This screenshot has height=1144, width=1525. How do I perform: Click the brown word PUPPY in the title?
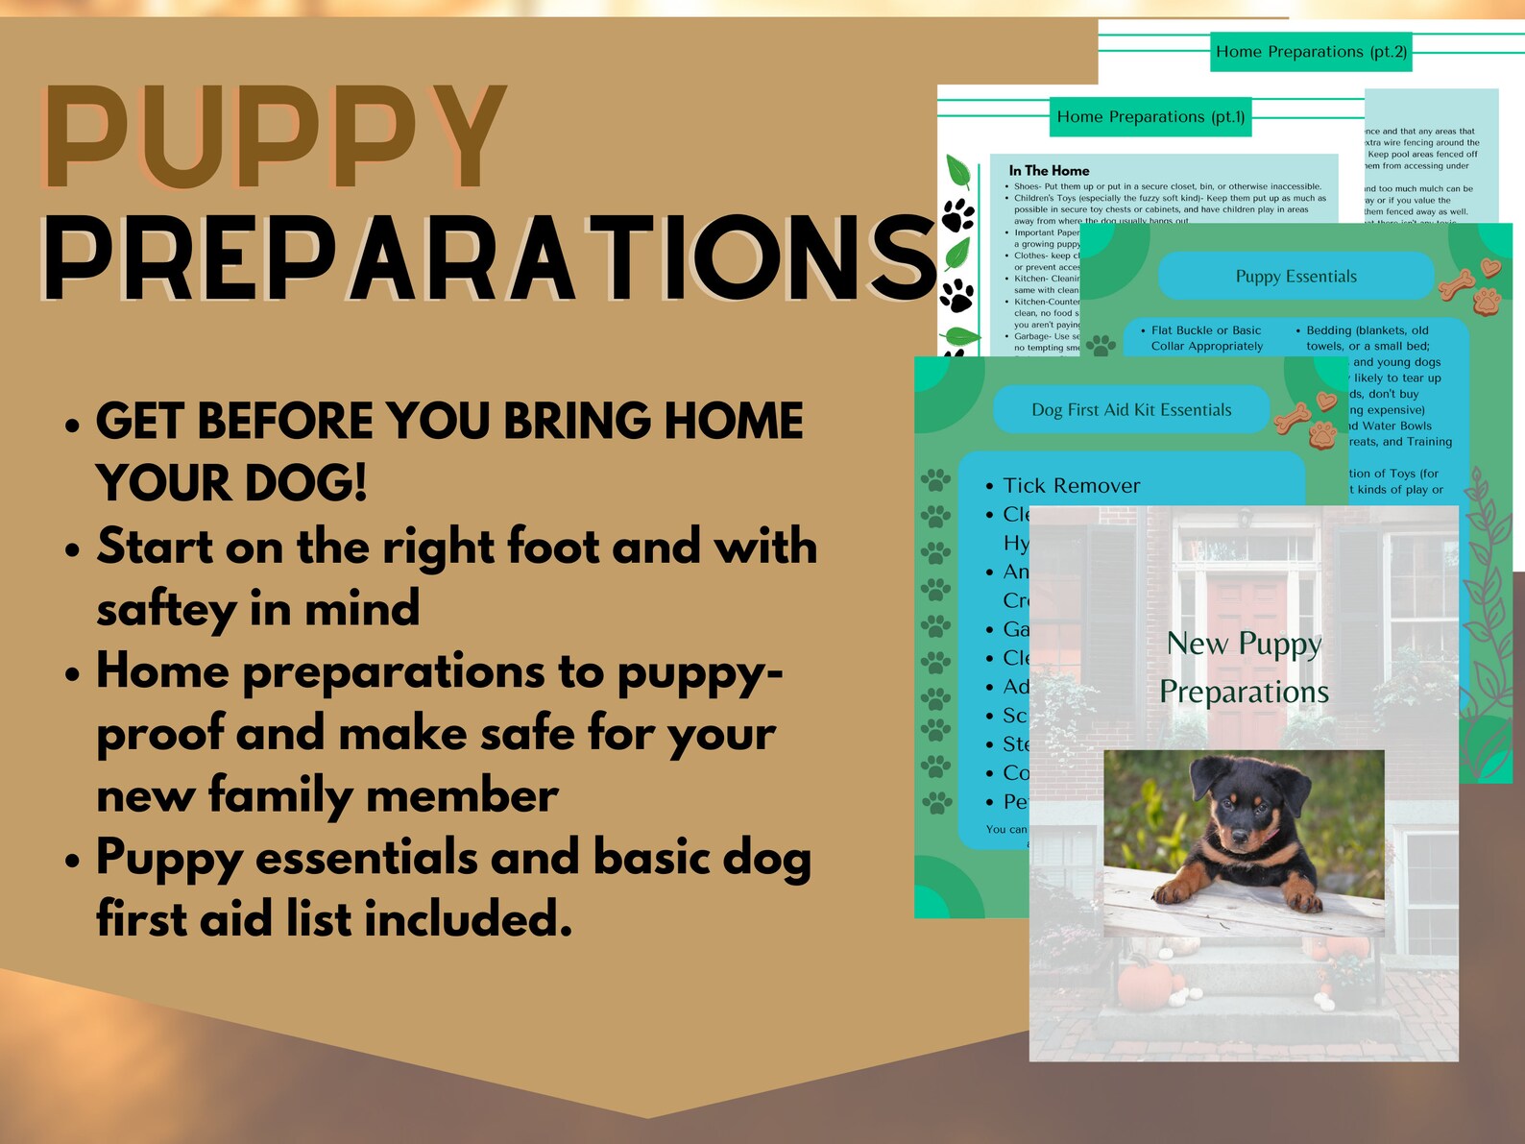[274, 139]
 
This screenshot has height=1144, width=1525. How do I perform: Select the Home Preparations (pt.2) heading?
[1311, 52]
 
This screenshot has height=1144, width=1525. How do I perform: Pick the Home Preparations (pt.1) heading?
[1150, 117]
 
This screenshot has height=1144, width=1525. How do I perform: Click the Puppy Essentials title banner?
[1295, 277]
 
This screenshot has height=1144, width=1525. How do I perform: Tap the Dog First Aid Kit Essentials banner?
[1130, 410]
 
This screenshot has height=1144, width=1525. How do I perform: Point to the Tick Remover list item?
[1071, 486]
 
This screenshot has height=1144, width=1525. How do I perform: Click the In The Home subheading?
[1049, 171]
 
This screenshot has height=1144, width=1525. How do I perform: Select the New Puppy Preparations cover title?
[1244, 668]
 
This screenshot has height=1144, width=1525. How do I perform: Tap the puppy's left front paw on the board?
[1177, 892]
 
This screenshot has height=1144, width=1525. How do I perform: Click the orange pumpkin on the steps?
[1146, 985]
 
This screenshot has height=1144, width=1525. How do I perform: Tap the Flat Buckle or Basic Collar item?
[1206, 338]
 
